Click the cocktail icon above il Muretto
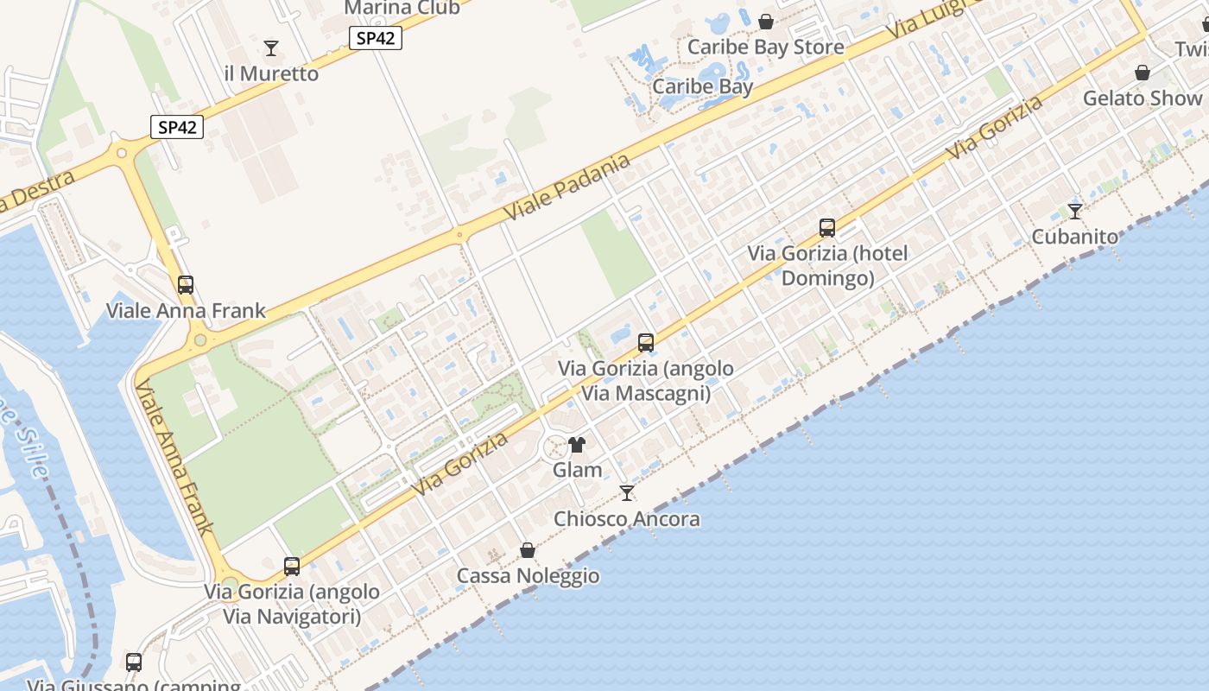(271, 48)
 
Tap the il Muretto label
(271, 74)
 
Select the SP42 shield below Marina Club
(376, 38)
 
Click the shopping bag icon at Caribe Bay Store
(766, 22)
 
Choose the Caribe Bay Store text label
(765, 48)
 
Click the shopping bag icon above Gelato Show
(1143, 73)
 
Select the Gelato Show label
(1143, 98)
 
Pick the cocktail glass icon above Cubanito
(1075, 211)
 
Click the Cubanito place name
(1075, 237)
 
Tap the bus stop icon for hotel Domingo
(827, 228)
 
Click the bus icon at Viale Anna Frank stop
(185, 285)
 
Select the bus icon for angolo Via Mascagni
(646, 343)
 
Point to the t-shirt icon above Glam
(577, 445)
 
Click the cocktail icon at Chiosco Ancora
(627, 493)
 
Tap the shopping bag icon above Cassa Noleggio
(528, 550)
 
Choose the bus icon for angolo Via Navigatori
(292, 567)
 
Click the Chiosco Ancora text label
(627, 519)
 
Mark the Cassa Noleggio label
(528, 576)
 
